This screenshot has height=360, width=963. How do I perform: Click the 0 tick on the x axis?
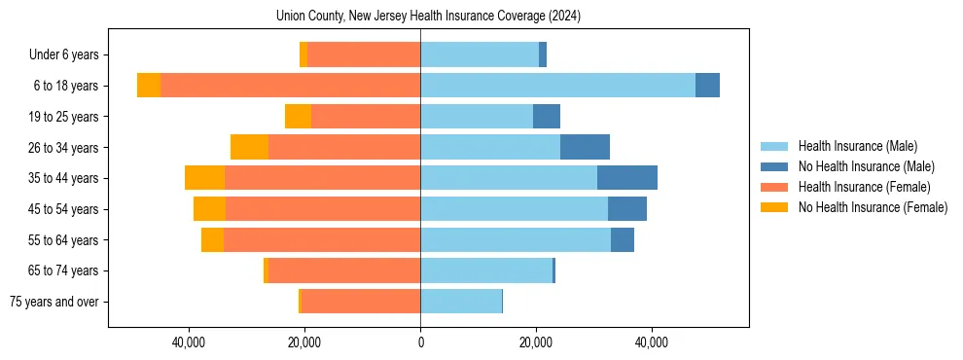coord(420,342)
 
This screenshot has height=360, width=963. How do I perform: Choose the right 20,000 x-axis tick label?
coord(535,342)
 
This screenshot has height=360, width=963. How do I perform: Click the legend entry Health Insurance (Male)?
coord(857,146)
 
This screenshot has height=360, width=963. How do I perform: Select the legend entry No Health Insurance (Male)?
coord(866,166)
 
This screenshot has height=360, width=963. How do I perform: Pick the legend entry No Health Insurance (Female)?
coord(873,207)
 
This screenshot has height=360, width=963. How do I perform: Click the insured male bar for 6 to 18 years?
coord(557,86)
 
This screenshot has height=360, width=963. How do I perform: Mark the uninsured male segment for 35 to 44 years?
coord(627,178)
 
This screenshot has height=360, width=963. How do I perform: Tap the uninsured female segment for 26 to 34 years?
coord(249,147)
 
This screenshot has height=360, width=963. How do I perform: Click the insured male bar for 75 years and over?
coord(461,302)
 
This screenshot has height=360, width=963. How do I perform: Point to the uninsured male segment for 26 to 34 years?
coord(585,147)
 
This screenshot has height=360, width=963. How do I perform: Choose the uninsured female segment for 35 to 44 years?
coord(204,178)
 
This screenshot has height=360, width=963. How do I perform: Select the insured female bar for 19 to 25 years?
coord(366,117)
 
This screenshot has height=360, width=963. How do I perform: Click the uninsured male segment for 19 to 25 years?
coord(547,117)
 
